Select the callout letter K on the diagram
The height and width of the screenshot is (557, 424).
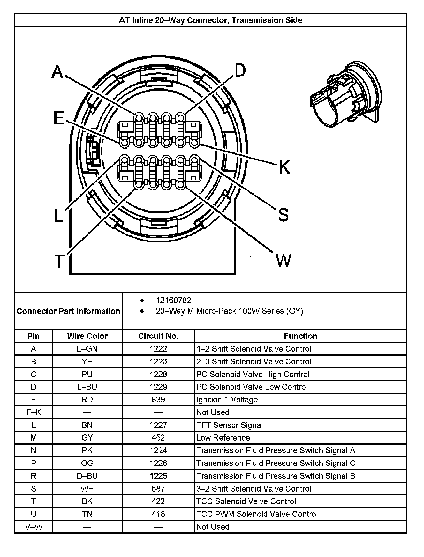[x=284, y=167]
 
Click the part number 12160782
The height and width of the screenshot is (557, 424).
[x=173, y=300]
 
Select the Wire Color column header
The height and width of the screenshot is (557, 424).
[x=87, y=336]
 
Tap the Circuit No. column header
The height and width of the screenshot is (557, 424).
[x=158, y=336]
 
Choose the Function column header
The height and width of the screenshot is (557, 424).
[x=300, y=336]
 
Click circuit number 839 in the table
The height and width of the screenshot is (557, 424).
[x=158, y=399]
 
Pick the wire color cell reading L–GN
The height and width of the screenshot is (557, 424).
[x=87, y=349]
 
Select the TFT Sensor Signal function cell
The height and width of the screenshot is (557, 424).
[x=230, y=425]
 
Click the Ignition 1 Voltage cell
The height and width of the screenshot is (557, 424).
[x=227, y=399]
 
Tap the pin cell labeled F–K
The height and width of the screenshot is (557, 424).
[x=34, y=412]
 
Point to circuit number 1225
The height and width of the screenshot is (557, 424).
[x=158, y=476]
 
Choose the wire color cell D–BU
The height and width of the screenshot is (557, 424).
[x=87, y=476]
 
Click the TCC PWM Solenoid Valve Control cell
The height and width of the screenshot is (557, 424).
[x=257, y=514]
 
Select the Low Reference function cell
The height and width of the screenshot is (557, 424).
[x=223, y=438]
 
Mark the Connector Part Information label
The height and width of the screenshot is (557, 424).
[x=68, y=311]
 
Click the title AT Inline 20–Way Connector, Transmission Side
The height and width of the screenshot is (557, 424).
[x=211, y=20]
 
